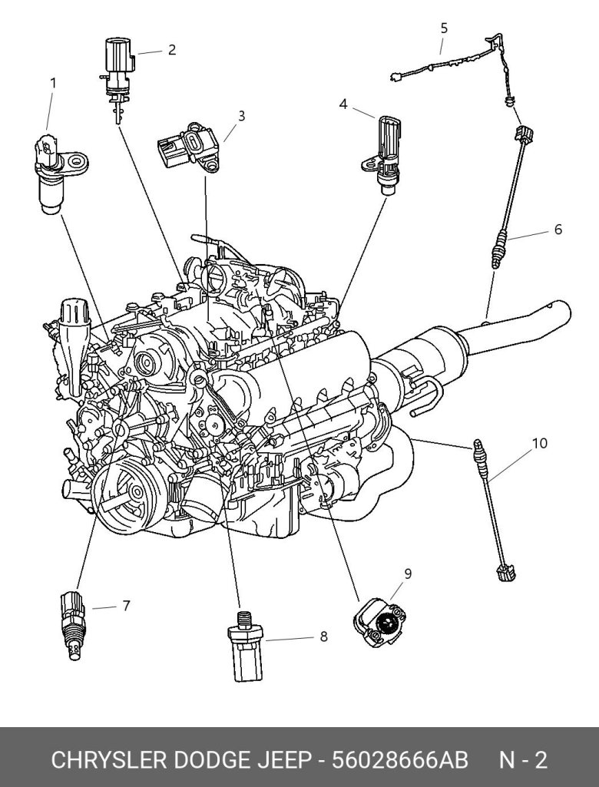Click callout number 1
[53, 83]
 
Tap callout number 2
[172, 50]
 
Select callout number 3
[241, 116]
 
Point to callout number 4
[343, 104]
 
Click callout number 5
[444, 28]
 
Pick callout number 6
[558, 230]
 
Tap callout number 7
[126, 606]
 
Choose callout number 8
[324, 637]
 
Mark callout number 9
[408, 574]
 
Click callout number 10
[539, 443]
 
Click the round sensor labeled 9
[379, 623]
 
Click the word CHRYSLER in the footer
[109, 760]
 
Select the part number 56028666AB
[399, 760]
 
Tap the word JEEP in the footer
[285, 760]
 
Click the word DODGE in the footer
[213, 760]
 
